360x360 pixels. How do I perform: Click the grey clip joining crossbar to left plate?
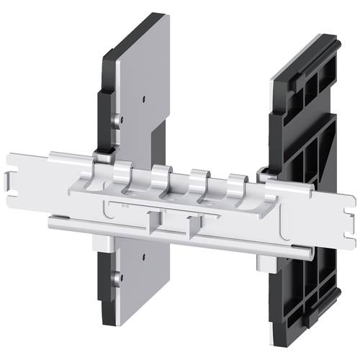coord(104,152)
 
